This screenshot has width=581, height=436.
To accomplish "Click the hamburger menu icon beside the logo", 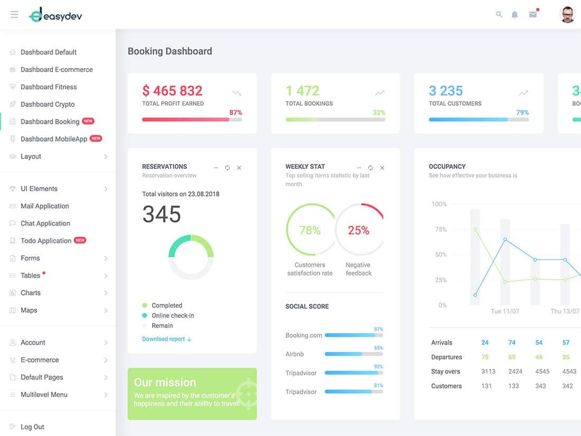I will coord(14,15).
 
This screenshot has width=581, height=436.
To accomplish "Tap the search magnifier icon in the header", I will coord(499,15).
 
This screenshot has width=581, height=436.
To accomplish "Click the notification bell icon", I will coord(514,15).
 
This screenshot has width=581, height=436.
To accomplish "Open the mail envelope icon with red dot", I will coord(533,14).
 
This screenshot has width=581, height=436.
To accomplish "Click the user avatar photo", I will coord(567,15).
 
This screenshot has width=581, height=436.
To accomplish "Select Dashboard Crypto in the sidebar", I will coord(48,104).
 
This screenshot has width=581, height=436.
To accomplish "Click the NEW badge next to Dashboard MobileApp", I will coord(96,138).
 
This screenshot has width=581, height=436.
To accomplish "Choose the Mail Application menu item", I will coord(45,206).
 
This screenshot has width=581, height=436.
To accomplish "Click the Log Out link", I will coord(32,427).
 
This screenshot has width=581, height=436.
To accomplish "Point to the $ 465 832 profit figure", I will coord(172,91).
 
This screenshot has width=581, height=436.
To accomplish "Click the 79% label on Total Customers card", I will coord(522,113).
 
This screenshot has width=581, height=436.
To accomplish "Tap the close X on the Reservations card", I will coord(239,168).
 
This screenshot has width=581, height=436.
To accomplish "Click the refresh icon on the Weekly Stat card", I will coord(370,168).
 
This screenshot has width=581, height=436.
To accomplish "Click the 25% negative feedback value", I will coord(358,230).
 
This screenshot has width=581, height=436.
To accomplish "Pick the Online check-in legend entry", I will coord(173,316).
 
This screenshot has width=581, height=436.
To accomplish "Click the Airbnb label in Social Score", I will coord(295,354).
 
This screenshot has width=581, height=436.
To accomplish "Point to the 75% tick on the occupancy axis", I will coord(440,229).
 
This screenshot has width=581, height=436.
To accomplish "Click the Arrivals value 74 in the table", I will coord(512,342).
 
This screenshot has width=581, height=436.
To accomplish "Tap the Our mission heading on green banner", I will coord(165,382).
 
